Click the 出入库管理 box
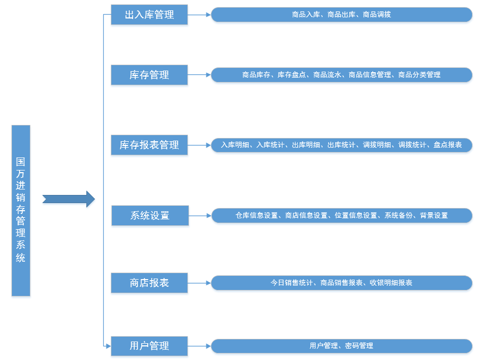tap(149, 15)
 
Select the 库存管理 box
tap(149, 75)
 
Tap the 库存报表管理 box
tap(149, 145)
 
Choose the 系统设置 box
tap(150, 216)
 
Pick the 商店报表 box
tap(149, 283)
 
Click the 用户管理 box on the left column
tap(149, 346)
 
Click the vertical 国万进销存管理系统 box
tap(21, 210)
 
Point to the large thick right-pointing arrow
tap(68, 199)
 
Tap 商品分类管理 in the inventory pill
tap(419, 75)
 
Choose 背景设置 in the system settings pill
tap(433, 216)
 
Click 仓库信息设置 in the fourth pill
tap(256, 216)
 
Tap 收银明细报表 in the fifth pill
tap(391, 283)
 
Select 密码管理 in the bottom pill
tap(359, 346)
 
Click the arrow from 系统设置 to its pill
tap(199, 216)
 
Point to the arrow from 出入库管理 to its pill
tap(199, 15)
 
